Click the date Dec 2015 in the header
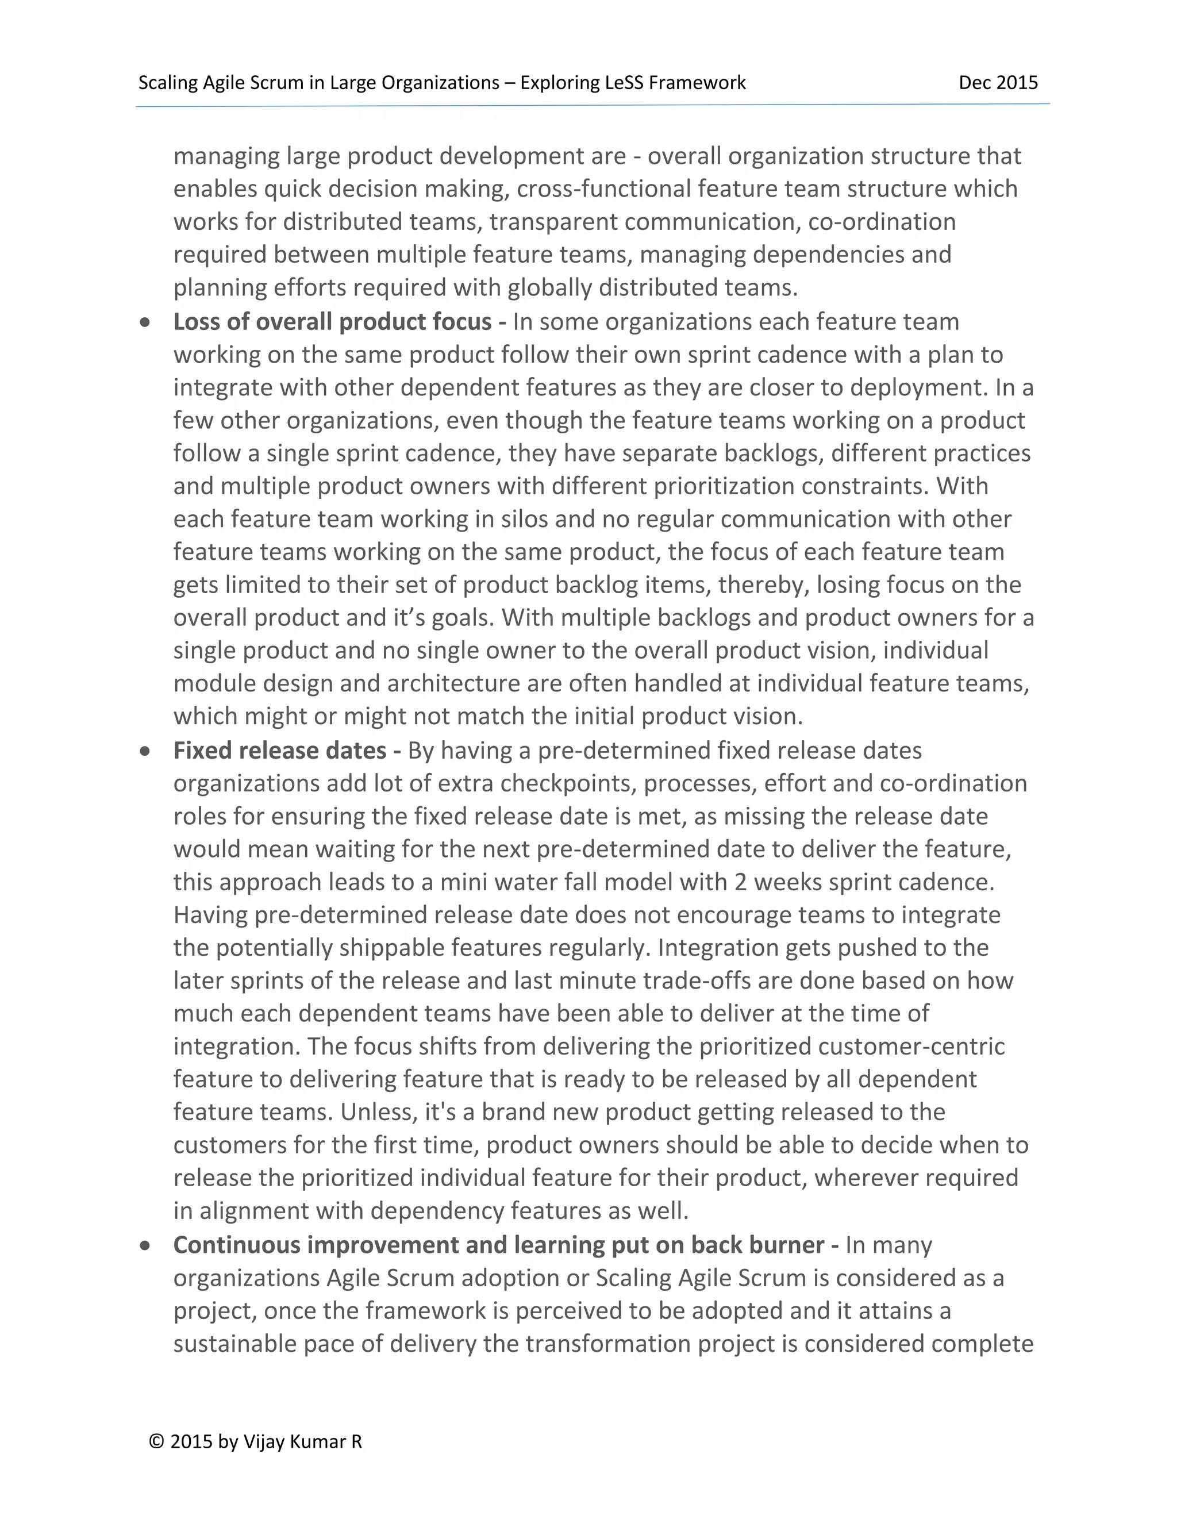pyautogui.click(x=998, y=83)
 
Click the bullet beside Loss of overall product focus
pyautogui.click(x=145, y=322)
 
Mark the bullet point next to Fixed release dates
pyautogui.click(x=145, y=751)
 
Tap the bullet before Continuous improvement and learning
pyautogui.click(x=145, y=1245)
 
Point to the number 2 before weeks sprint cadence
pyautogui.click(x=740, y=882)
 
